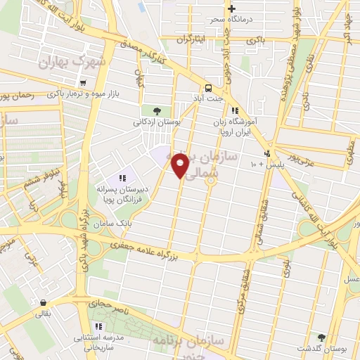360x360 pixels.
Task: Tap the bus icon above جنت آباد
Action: (208, 88)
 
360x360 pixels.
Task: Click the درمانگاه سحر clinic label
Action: (231, 19)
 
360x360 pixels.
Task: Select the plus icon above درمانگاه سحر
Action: (231, 8)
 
